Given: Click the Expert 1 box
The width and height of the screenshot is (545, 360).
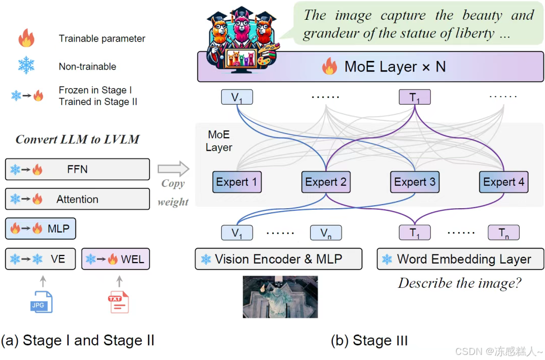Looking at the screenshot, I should (237, 182).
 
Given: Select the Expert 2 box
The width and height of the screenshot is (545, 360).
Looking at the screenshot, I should (326, 182).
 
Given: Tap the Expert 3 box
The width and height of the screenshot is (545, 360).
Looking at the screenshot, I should (415, 182).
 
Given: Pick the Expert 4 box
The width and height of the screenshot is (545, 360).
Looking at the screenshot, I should (504, 182).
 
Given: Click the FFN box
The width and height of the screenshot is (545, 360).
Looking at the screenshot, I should (77, 169).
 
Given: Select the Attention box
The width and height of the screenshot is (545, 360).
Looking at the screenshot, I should (77, 199).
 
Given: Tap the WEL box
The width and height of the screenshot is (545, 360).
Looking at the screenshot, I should (115, 259).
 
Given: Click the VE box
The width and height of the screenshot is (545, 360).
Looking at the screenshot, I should (41, 259).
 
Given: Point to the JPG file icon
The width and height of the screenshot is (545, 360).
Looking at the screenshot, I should (41, 302).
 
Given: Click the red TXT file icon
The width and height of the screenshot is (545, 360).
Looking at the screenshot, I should (118, 302).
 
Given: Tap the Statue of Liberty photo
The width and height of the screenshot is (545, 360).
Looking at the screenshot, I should (280, 297).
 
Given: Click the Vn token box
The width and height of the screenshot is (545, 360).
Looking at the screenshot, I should (326, 233).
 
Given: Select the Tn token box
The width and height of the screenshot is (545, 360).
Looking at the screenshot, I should (503, 233).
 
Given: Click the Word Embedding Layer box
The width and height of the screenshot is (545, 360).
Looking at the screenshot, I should (460, 259).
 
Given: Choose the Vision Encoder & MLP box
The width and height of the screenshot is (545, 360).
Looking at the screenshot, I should (279, 259).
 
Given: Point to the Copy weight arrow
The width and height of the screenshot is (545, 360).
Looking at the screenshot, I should (173, 168).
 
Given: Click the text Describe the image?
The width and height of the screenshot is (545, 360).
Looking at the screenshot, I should (459, 283).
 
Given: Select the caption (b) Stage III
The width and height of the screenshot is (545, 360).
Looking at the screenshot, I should (369, 340).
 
